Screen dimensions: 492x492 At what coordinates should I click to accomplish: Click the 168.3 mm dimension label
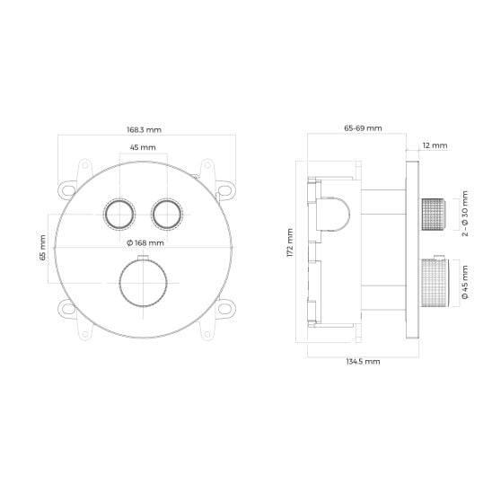click(x=144, y=129)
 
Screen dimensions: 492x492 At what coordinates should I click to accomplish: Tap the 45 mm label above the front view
click(x=143, y=147)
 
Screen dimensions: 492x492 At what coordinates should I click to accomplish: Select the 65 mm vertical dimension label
click(x=43, y=248)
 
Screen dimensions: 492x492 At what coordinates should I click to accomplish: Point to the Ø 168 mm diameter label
click(x=145, y=243)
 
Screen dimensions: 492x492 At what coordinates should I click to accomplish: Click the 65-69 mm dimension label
click(x=363, y=128)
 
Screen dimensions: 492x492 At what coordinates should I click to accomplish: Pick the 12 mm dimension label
click(x=435, y=145)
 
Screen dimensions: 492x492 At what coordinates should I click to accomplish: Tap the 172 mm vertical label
click(x=290, y=243)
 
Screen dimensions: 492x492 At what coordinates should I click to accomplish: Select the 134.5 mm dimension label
click(x=363, y=362)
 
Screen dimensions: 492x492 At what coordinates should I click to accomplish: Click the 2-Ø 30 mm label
click(x=465, y=214)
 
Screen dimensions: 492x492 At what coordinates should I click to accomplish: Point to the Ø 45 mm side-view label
click(x=465, y=282)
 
